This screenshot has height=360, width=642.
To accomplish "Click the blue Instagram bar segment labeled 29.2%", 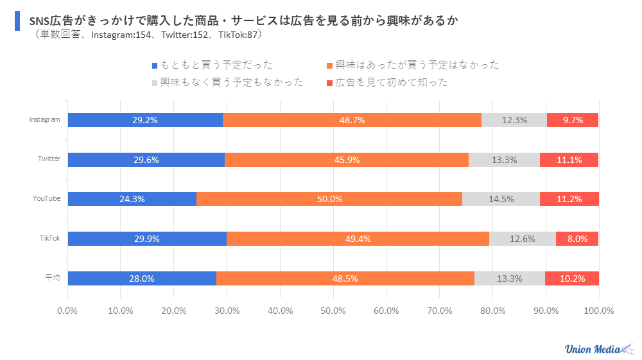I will click(145, 120).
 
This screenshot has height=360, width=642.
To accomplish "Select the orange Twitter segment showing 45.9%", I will click(346, 160).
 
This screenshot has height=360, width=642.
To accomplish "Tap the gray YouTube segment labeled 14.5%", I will click(501, 199).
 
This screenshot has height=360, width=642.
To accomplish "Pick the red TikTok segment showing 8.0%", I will click(577, 239).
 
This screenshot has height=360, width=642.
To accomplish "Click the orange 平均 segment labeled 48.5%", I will click(345, 279).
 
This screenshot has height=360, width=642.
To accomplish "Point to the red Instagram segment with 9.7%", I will click(572, 120).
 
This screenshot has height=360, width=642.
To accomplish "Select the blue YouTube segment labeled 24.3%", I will click(132, 199).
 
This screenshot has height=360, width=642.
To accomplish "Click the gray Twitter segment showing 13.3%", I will click(504, 160).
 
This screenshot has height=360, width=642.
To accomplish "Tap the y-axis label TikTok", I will click(50, 238).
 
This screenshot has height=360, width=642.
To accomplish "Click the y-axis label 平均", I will click(53, 278).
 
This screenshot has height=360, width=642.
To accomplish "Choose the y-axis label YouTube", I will click(47, 198).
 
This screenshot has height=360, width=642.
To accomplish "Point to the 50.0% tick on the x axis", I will click(333, 311).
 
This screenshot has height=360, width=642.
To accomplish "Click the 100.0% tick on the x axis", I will click(598, 311).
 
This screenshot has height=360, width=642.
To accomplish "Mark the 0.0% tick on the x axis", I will click(67, 311).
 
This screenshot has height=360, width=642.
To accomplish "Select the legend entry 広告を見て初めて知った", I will click(391, 82).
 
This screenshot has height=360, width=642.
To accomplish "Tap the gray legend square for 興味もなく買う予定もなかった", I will click(154, 83).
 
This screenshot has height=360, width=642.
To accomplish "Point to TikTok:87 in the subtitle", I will click(238, 35).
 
